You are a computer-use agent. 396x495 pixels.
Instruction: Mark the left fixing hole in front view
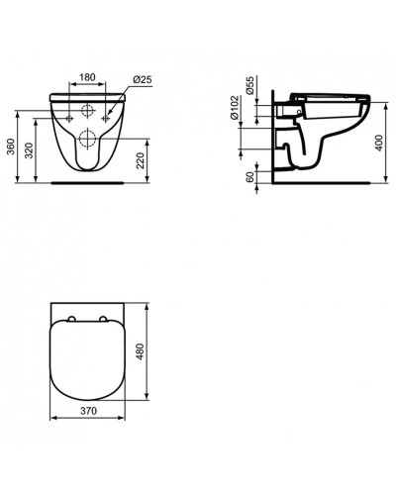pyautogui.click(x=69, y=119)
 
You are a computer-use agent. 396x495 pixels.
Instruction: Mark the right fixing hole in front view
pyautogui.click(x=106, y=119)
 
